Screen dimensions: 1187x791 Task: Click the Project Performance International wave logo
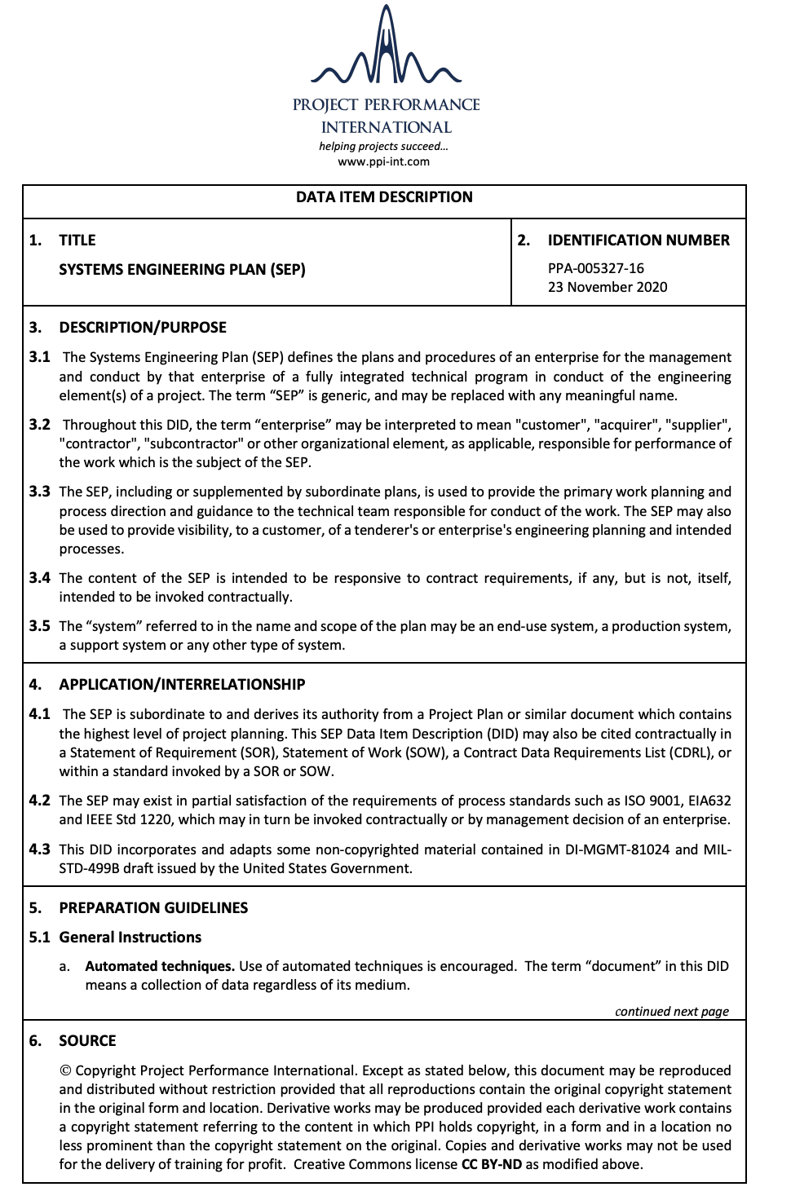[386, 49]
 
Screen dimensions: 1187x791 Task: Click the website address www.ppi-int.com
[383, 161]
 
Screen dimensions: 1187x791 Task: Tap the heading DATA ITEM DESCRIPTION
[384, 197]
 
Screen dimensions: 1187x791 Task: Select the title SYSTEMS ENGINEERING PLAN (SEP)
[182, 269]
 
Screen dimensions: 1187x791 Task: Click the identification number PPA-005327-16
[596, 268]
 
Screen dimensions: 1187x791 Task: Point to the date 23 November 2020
[608, 287]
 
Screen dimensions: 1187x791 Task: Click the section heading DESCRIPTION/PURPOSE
[143, 328]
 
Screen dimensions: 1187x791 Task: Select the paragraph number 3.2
[39, 425]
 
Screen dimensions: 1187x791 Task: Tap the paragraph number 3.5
[39, 626]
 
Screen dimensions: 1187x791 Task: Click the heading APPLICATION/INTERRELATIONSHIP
[182, 685]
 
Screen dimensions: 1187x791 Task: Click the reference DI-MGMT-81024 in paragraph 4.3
[617, 849]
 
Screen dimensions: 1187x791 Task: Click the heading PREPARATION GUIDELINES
[153, 908]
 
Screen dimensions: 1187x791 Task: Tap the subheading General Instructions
[130, 938]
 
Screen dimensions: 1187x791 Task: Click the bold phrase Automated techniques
[160, 966]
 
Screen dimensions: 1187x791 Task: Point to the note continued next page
[672, 1012]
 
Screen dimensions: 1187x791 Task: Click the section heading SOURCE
[87, 1041]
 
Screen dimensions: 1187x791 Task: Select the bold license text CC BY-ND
[492, 1164]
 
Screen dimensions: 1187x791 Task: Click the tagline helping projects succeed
[383, 147]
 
